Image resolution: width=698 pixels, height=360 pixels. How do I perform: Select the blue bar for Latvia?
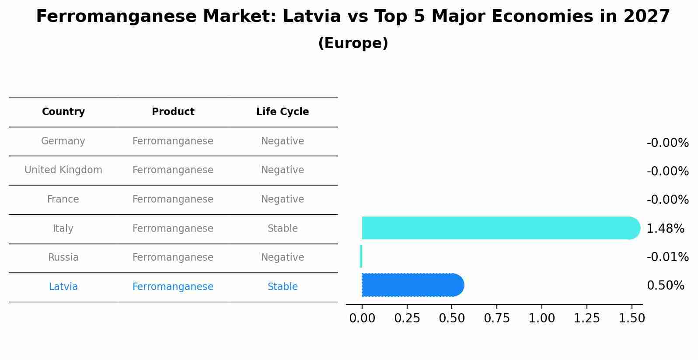point(411,285)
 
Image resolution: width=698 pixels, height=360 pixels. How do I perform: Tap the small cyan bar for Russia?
point(361,256)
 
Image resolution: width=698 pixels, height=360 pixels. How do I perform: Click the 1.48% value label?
point(665,228)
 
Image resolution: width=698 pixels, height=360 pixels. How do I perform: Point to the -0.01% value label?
point(667,257)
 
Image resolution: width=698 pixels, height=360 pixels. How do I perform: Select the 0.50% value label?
point(665,286)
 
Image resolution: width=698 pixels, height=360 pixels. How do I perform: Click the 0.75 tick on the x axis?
point(497,318)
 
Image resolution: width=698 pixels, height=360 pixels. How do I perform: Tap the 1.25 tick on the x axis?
point(586,318)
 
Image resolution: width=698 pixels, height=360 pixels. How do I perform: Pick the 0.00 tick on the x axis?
point(362,318)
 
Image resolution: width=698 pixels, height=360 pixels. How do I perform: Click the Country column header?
point(63,112)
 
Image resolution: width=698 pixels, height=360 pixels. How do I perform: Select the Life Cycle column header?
point(283,112)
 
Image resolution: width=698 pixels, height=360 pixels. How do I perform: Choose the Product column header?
point(173,112)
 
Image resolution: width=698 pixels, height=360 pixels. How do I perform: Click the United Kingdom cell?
point(63,170)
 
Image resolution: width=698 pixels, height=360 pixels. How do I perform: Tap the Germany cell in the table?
point(63,141)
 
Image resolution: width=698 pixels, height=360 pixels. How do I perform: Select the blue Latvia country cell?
point(63,287)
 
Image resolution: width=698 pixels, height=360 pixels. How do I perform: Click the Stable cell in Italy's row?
point(283,229)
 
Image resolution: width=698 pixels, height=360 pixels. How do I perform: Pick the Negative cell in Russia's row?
point(283,258)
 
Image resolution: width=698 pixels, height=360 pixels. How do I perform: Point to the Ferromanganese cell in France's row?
point(173,199)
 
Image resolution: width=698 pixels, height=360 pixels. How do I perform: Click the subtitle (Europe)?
point(353,43)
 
